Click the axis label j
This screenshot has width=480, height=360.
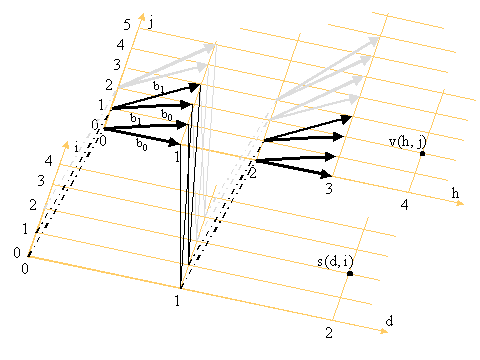click(151, 23)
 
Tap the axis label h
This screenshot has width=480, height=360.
click(455, 193)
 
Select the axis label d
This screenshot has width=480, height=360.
click(389, 321)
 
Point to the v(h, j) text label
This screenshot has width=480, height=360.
click(408, 142)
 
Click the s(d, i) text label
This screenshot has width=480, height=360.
click(335, 262)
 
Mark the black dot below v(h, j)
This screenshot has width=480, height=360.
click(423, 154)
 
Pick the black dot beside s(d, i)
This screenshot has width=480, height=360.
click(350, 274)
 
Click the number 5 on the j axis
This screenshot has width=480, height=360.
click(127, 25)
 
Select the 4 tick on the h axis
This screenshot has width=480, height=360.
click(404, 205)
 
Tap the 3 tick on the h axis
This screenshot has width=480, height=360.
click(329, 189)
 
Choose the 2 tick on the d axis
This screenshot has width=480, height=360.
click(329, 333)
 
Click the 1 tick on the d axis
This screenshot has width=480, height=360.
click(177, 301)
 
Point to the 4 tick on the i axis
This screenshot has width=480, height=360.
click(49, 161)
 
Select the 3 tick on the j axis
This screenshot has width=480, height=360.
click(117, 64)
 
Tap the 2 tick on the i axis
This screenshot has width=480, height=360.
click(33, 205)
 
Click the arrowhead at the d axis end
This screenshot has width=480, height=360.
click(384, 331)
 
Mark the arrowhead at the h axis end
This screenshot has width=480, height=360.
click(460, 203)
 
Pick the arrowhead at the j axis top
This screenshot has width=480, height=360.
click(142, 17)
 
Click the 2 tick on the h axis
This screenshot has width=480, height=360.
click(253, 173)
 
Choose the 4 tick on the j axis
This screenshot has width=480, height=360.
click(121, 44)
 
